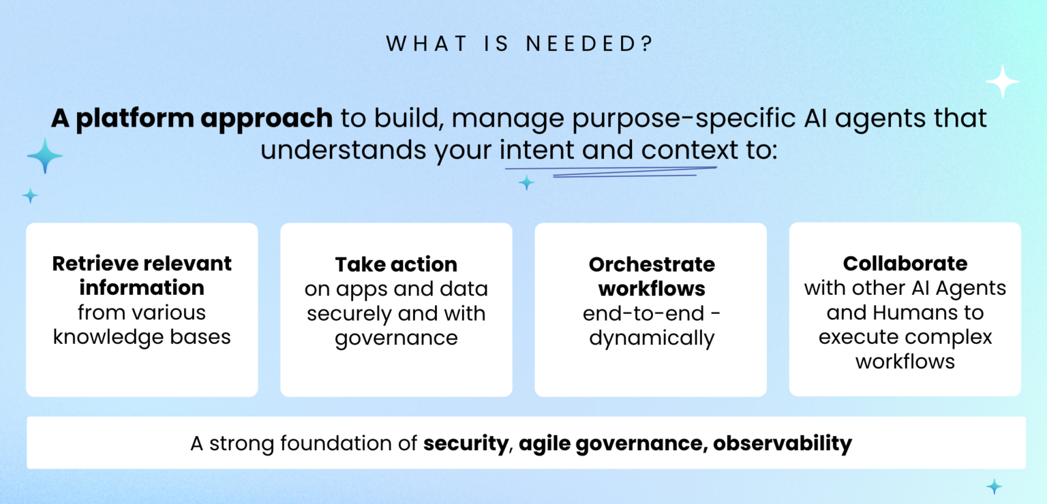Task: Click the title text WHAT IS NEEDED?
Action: coord(519,44)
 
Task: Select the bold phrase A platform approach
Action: coord(192,118)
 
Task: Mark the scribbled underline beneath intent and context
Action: coord(613,171)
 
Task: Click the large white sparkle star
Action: coord(1002,82)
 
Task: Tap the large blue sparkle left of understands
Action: coord(45,156)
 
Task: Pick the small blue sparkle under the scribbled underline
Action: coord(526,182)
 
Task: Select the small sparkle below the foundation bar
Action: coord(995,486)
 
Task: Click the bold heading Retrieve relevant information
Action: coord(142,275)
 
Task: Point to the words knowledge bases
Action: coord(142,336)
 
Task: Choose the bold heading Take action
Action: coord(396,264)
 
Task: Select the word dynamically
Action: coord(651,338)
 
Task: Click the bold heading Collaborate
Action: coord(905,263)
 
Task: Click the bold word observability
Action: coord(783,444)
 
